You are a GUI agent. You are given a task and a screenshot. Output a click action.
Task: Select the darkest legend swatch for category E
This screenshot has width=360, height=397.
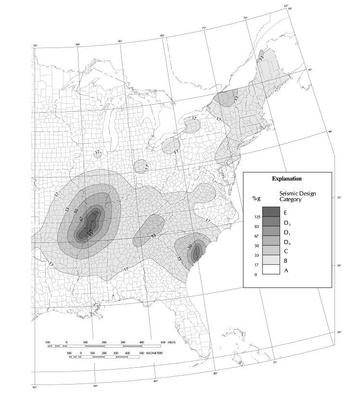(271, 212)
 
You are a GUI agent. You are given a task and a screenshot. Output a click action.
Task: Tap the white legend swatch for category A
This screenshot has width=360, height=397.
(271, 270)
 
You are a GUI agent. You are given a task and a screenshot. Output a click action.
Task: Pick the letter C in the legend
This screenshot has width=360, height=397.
(286, 251)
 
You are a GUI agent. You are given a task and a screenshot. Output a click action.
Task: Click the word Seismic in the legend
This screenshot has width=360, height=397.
(288, 193)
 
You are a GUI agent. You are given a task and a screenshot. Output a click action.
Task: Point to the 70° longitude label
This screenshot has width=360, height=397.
(245, 18)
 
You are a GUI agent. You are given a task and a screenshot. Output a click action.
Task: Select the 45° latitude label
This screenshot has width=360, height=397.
(310, 70)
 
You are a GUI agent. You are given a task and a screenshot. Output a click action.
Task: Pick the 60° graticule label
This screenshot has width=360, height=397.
(290, 9)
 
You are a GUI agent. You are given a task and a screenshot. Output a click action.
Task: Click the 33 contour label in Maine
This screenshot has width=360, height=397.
(261, 59)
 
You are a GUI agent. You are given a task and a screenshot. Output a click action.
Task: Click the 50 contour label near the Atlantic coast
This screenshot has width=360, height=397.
(190, 246)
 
